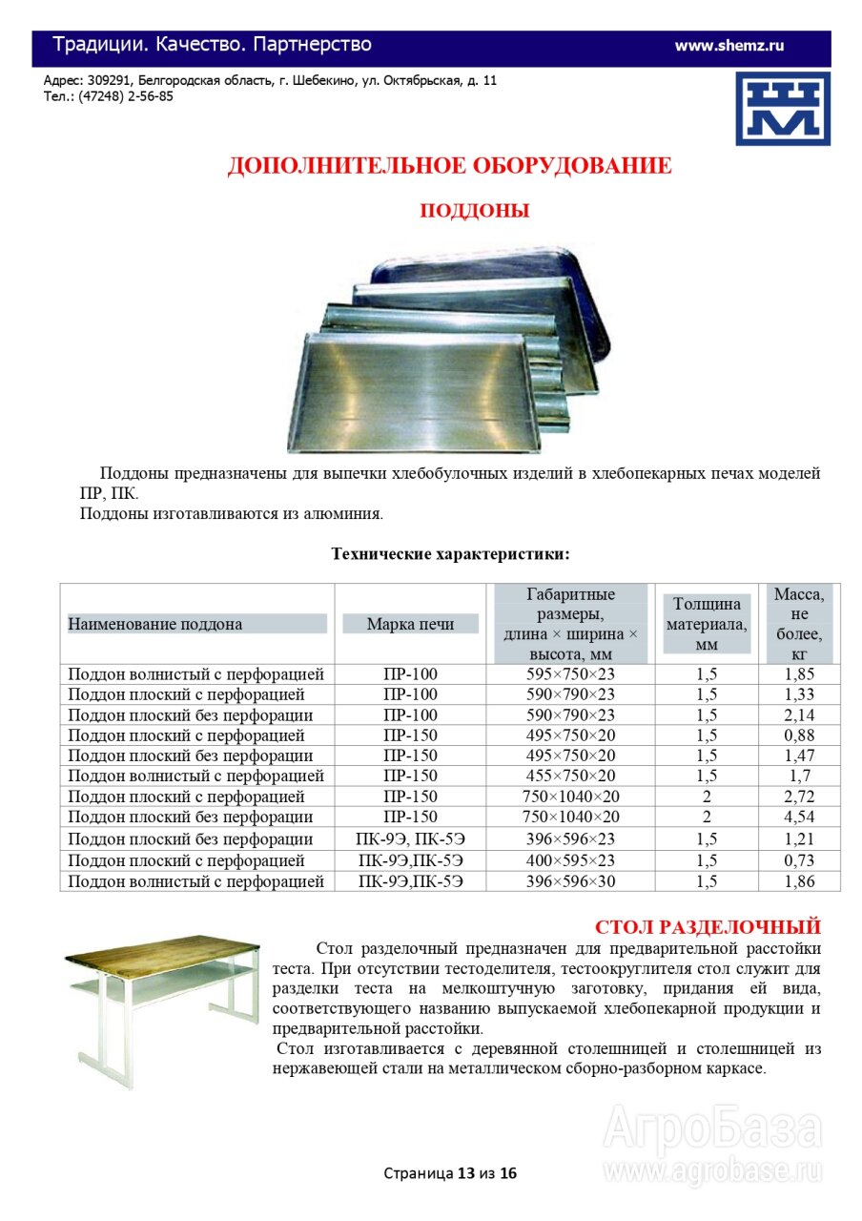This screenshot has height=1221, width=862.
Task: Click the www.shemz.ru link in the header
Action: [x=729, y=45]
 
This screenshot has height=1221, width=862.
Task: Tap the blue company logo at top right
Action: [x=782, y=108]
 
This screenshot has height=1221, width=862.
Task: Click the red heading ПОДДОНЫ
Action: [x=474, y=211]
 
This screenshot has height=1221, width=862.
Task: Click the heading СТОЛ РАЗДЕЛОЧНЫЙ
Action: [x=708, y=926]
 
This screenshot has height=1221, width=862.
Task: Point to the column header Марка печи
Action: [x=410, y=624]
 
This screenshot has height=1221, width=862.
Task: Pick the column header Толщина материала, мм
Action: [x=706, y=624]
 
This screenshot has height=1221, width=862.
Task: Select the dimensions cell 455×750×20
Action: [x=570, y=776]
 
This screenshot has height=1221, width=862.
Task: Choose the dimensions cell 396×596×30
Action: [x=570, y=881]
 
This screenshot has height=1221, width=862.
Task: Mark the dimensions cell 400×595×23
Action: [x=570, y=860]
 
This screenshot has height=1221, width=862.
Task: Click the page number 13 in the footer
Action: [x=466, y=1172]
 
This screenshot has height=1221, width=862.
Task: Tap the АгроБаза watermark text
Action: [x=712, y=1129]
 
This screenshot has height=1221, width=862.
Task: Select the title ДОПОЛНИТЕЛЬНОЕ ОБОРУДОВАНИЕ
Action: [x=449, y=165]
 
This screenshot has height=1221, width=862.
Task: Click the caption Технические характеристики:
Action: [x=450, y=553]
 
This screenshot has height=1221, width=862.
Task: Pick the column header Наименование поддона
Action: [x=154, y=624]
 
